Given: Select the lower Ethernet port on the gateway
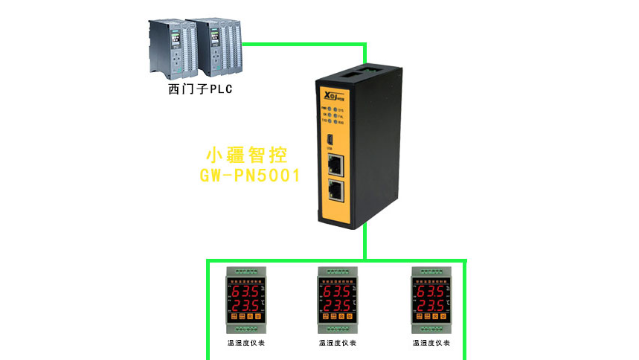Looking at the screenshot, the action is (336, 190).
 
